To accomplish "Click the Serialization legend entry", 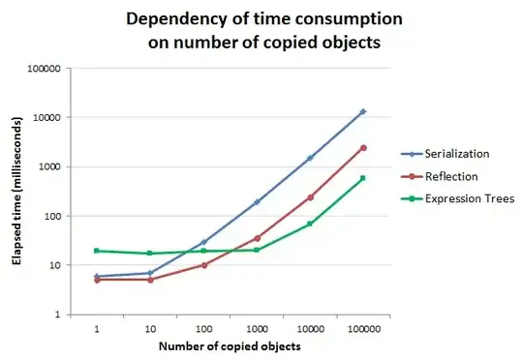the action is [x=446, y=154].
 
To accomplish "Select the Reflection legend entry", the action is [x=440, y=176].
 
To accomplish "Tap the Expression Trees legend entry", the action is [x=457, y=198].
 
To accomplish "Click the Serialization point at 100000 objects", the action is [x=363, y=111].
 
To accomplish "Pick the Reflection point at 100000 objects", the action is [x=363, y=148].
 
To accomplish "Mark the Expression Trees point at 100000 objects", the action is [x=363, y=178].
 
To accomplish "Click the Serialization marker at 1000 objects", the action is [x=257, y=202].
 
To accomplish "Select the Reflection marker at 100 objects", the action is [x=204, y=265].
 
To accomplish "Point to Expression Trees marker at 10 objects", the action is [x=150, y=254].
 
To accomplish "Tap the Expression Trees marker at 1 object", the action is [x=97, y=251].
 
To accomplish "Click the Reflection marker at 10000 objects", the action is [x=311, y=197].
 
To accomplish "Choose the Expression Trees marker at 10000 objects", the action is [x=310, y=224].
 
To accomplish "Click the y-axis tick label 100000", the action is [x=44, y=69].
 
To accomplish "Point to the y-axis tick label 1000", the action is [x=49, y=167].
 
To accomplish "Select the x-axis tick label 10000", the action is [x=311, y=329].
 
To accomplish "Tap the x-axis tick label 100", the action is [x=203, y=329].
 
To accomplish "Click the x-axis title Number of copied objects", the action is [x=230, y=346].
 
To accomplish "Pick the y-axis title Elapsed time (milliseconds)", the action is [x=16, y=191].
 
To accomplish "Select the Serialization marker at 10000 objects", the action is [x=310, y=158].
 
